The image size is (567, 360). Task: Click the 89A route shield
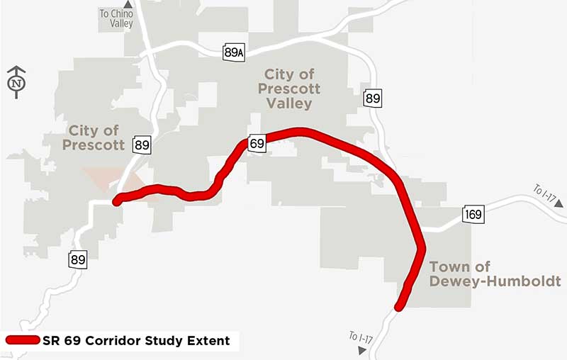[x=234, y=52]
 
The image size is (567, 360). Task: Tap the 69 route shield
[x=257, y=143]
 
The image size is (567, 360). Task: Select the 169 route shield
[x=475, y=215]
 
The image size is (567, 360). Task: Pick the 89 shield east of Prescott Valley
[x=373, y=99]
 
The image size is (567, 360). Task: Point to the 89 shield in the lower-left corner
[x=78, y=259]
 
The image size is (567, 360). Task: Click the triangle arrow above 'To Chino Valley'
[x=128, y=4]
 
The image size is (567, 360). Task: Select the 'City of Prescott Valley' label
[x=289, y=89]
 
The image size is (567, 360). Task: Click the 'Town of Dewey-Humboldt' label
[x=495, y=274]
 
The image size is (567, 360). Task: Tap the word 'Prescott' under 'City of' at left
[x=93, y=145]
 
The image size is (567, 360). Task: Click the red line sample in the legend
[x=22, y=341]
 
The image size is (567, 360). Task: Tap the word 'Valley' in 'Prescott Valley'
[x=289, y=103]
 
